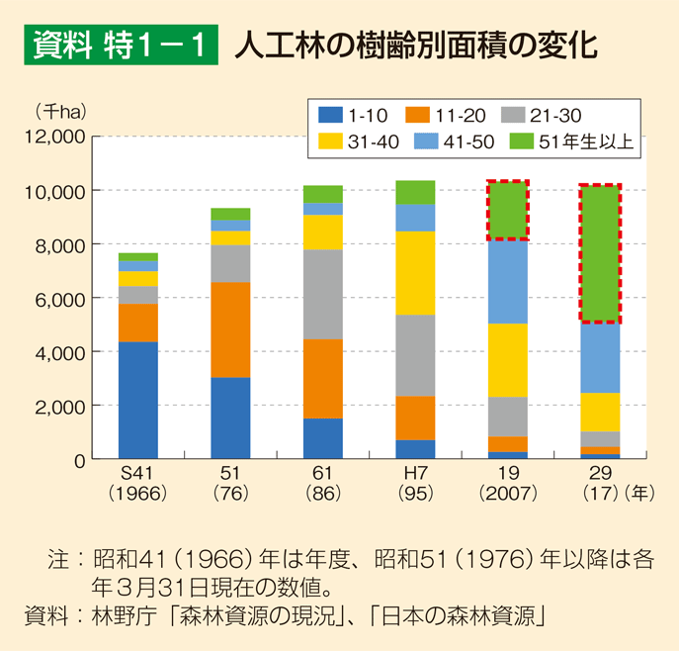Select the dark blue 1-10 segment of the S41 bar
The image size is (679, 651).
click(138, 400)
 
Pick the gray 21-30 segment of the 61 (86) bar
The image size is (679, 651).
click(323, 294)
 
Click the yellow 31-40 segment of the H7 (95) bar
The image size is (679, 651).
click(415, 272)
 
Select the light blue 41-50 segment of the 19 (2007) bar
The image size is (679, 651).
click(508, 282)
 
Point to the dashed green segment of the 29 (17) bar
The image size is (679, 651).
click(600, 253)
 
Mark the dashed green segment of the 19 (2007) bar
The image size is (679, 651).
click(508, 211)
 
